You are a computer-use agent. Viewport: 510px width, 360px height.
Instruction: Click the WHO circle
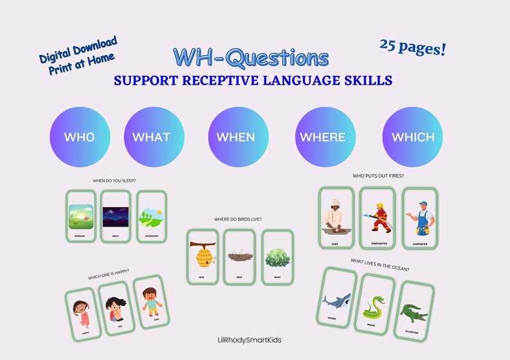pos(80,137)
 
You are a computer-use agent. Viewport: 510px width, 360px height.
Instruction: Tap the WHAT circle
pos(152,137)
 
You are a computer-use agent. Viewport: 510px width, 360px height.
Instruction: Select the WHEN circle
pos(236,137)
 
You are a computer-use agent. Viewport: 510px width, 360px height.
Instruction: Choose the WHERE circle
pos(322,137)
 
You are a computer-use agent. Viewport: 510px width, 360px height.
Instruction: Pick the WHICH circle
pos(413,137)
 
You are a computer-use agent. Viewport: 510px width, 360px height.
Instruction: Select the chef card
pos(336,218)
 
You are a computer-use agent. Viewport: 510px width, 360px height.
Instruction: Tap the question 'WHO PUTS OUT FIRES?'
pos(378,176)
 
